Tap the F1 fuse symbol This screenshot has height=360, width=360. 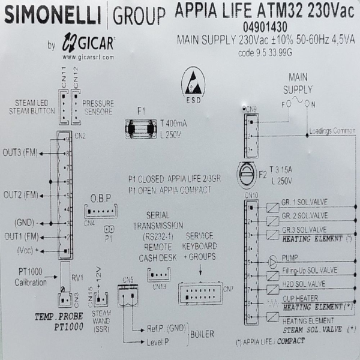click(x=142, y=127)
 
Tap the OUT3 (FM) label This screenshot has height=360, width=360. click(x=20, y=153)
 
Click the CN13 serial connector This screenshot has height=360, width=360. click(x=157, y=275)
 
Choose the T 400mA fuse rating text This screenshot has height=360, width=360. click(x=174, y=122)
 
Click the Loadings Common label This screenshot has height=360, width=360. click(x=331, y=130)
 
